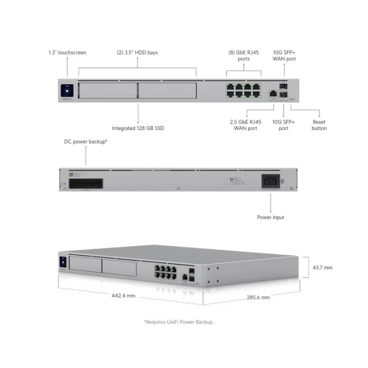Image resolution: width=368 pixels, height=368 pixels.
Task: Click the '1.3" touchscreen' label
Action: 67,52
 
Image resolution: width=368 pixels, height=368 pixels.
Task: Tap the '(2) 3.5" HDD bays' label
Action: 137,52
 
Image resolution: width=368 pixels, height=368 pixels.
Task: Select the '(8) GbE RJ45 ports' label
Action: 244,56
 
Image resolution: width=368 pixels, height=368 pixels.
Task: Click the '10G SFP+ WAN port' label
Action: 284,56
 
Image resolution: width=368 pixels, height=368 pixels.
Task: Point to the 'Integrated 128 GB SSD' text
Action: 138,128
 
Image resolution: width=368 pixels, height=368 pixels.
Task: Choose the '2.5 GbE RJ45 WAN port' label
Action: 245,125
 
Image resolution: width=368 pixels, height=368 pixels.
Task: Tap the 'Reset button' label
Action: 319,125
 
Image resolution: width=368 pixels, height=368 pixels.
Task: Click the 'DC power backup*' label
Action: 86,142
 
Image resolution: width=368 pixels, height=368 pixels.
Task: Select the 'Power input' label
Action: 270,217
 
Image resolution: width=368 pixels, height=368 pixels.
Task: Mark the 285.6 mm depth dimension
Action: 258,298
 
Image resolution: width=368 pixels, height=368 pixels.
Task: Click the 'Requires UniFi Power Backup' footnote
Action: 178,322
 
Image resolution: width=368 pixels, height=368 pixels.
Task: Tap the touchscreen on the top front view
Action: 67,90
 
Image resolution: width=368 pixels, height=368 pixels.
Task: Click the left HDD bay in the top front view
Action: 108,91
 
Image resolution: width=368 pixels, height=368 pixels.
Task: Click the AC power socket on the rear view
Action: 271,181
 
